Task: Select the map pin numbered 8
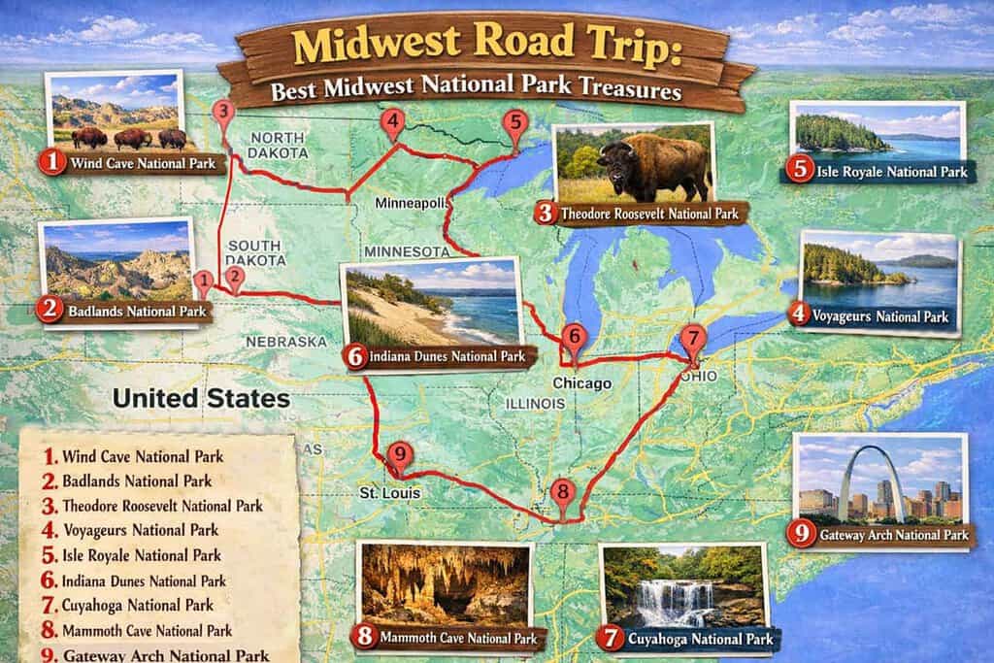pos(563,491)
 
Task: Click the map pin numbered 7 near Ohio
pos(691,339)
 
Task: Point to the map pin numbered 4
pos(392,121)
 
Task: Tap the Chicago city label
pos(581,383)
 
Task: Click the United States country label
pos(201,398)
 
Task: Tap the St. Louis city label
pos(389,493)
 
